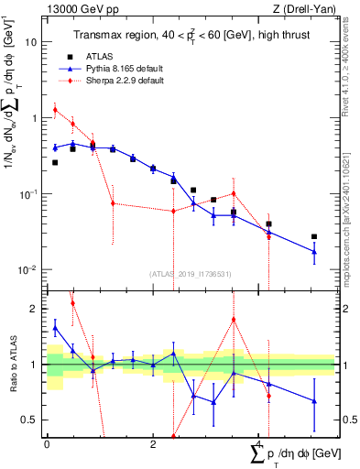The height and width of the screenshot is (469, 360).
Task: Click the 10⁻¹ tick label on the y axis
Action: pyautogui.click(x=29, y=194)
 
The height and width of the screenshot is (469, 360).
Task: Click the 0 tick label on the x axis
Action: pyautogui.click(x=47, y=442)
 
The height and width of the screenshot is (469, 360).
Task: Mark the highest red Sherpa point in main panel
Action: pyautogui.click(x=55, y=110)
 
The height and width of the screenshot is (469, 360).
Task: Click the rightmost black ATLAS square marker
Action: pyautogui.click(x=314, y=236)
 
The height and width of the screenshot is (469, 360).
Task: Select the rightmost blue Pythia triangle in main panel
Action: pyautogui.click(x=314, y=251)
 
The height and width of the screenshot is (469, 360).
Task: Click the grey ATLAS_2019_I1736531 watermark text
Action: pyautogui.click(x=191, y=274)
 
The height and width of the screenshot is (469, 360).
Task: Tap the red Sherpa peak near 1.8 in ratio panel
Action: pyautogui.click(x=235, y=320)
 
